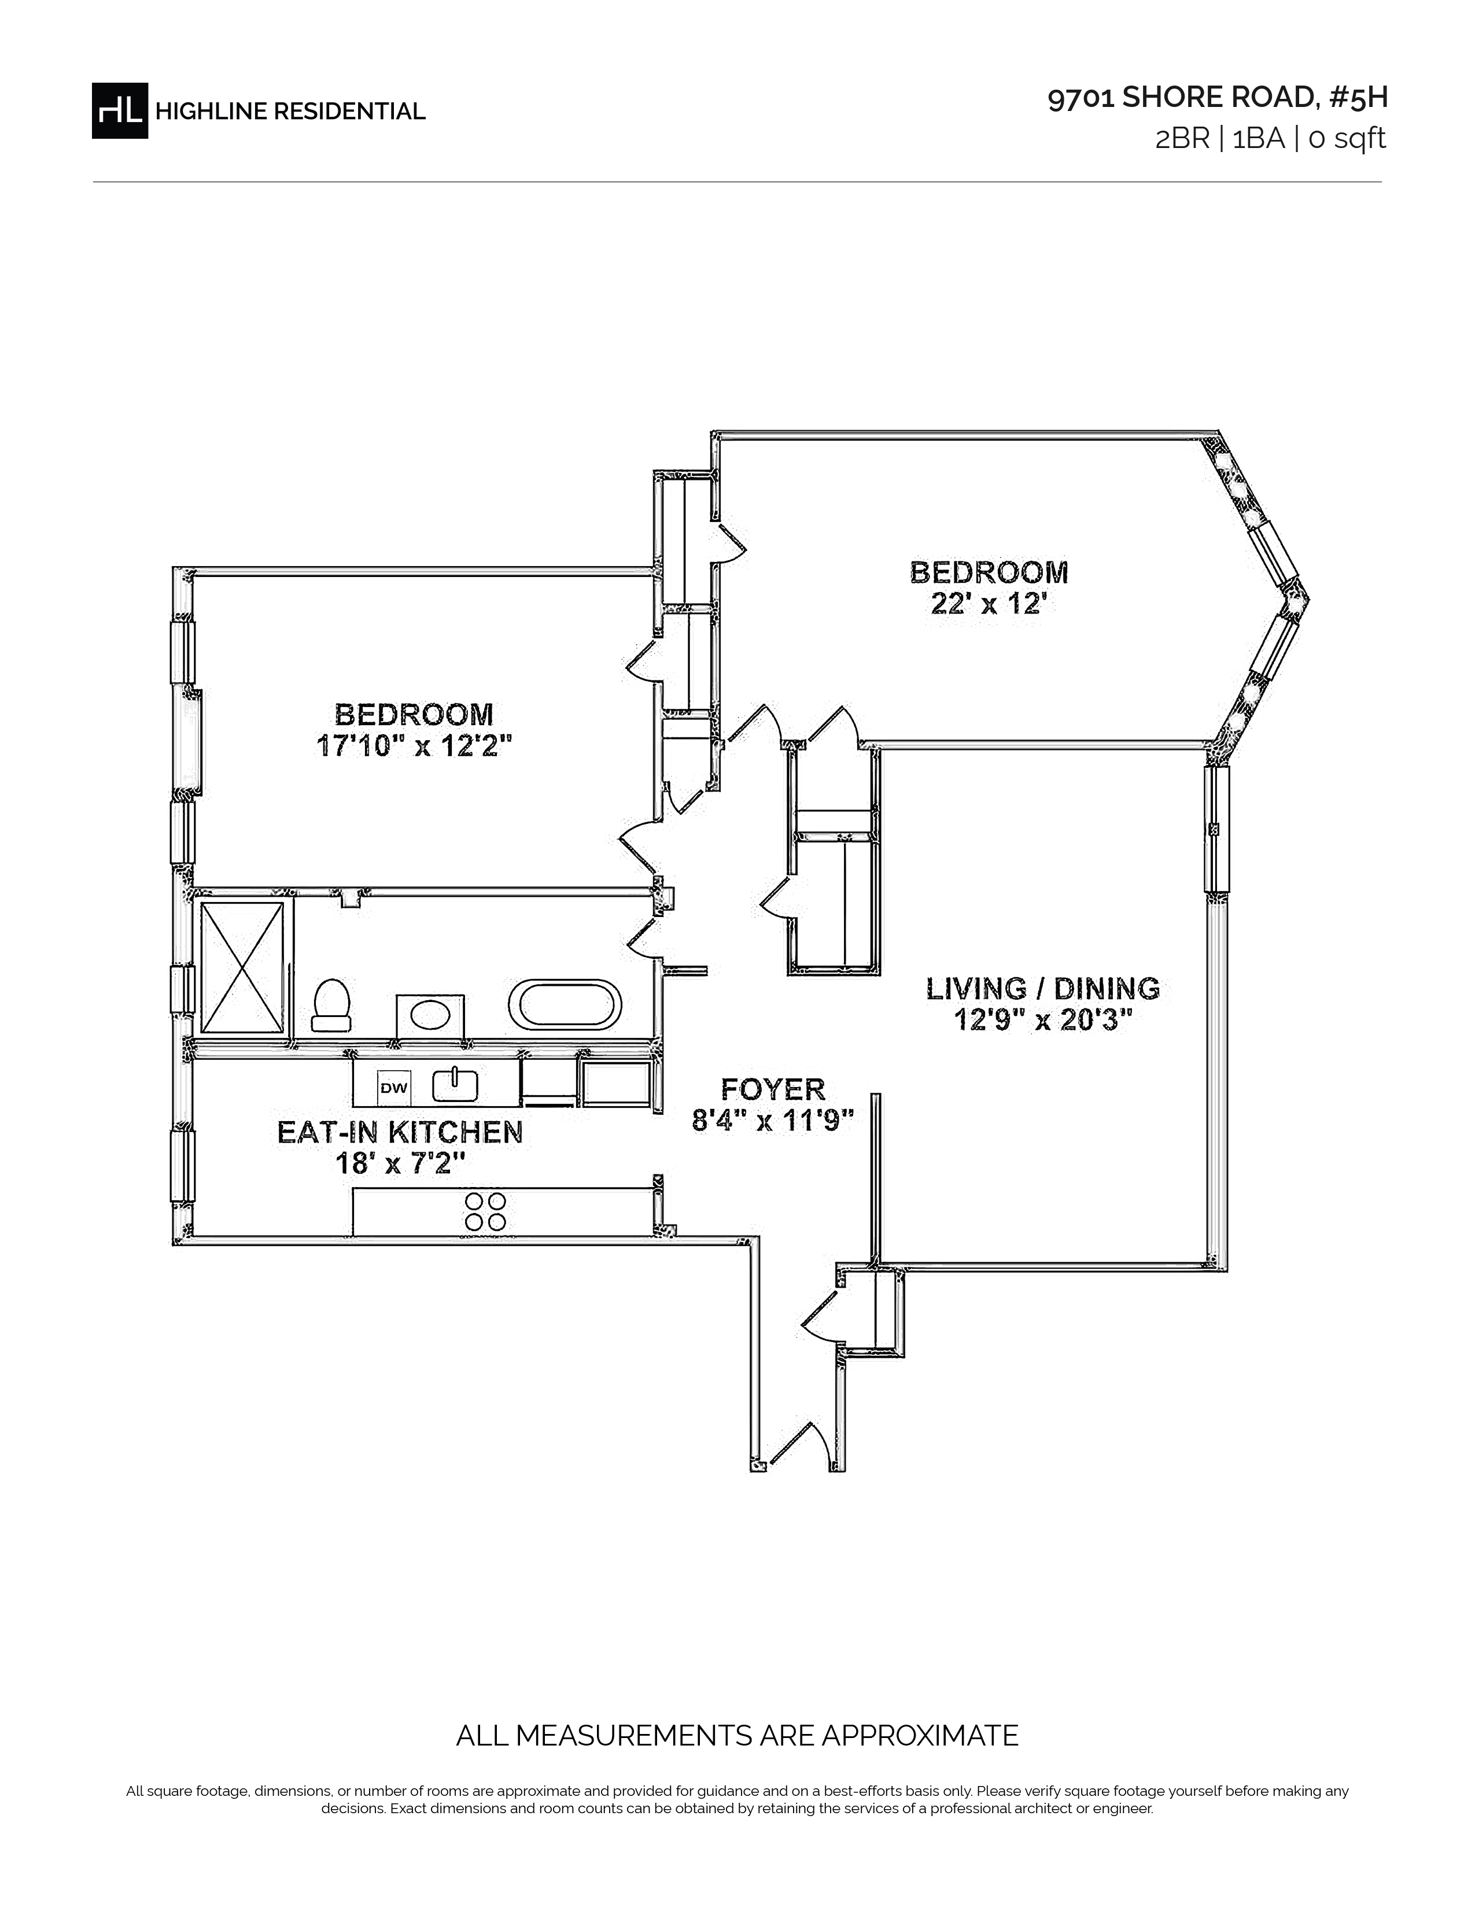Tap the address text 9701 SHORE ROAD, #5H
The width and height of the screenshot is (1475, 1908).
[x=1217, y=98]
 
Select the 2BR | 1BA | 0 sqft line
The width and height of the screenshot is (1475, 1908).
[x=1271, y=139]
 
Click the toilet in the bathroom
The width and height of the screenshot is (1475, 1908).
[x=332, y=1005]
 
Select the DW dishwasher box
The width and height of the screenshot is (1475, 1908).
[x=393, y=1088]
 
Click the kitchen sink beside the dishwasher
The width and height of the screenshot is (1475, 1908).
[x=455, y=1085]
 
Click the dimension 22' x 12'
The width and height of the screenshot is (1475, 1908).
[x=989, y=604]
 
